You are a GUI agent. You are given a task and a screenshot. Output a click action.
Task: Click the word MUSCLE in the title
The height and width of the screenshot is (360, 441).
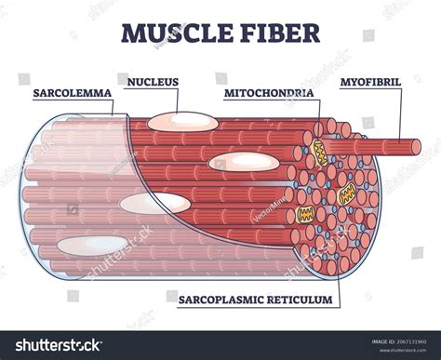[x=173, y=33]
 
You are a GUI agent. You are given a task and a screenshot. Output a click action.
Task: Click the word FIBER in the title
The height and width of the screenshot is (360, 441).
[x=275, y=33]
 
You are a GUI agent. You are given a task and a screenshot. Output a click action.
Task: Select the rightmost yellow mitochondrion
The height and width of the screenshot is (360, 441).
[x=348, y=193]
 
